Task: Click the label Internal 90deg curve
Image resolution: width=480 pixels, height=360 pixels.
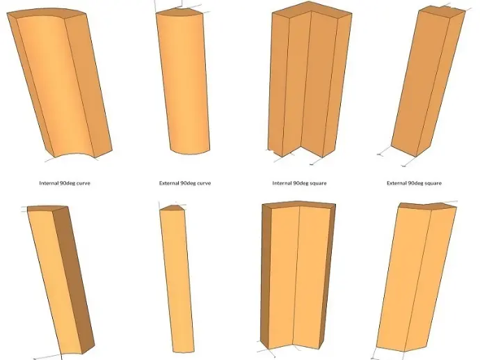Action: click(65, 183)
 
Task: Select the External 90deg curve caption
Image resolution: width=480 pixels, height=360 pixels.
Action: click(185, 183)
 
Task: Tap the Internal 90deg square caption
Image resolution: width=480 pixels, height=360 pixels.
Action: click(299, 183)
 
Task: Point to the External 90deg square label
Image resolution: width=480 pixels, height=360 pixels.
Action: click(414, 183)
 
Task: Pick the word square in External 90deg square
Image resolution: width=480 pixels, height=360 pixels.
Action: click(432, 184)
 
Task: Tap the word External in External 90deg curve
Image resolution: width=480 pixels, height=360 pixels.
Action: click(168, 183)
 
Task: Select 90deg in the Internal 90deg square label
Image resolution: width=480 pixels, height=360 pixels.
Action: click(301, 184)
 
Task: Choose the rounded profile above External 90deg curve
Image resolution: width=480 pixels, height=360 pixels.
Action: click(184, 81)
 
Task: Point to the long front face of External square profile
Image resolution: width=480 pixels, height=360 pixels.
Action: click(420, 81)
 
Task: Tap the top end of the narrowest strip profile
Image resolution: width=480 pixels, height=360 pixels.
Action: click(172, 208)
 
